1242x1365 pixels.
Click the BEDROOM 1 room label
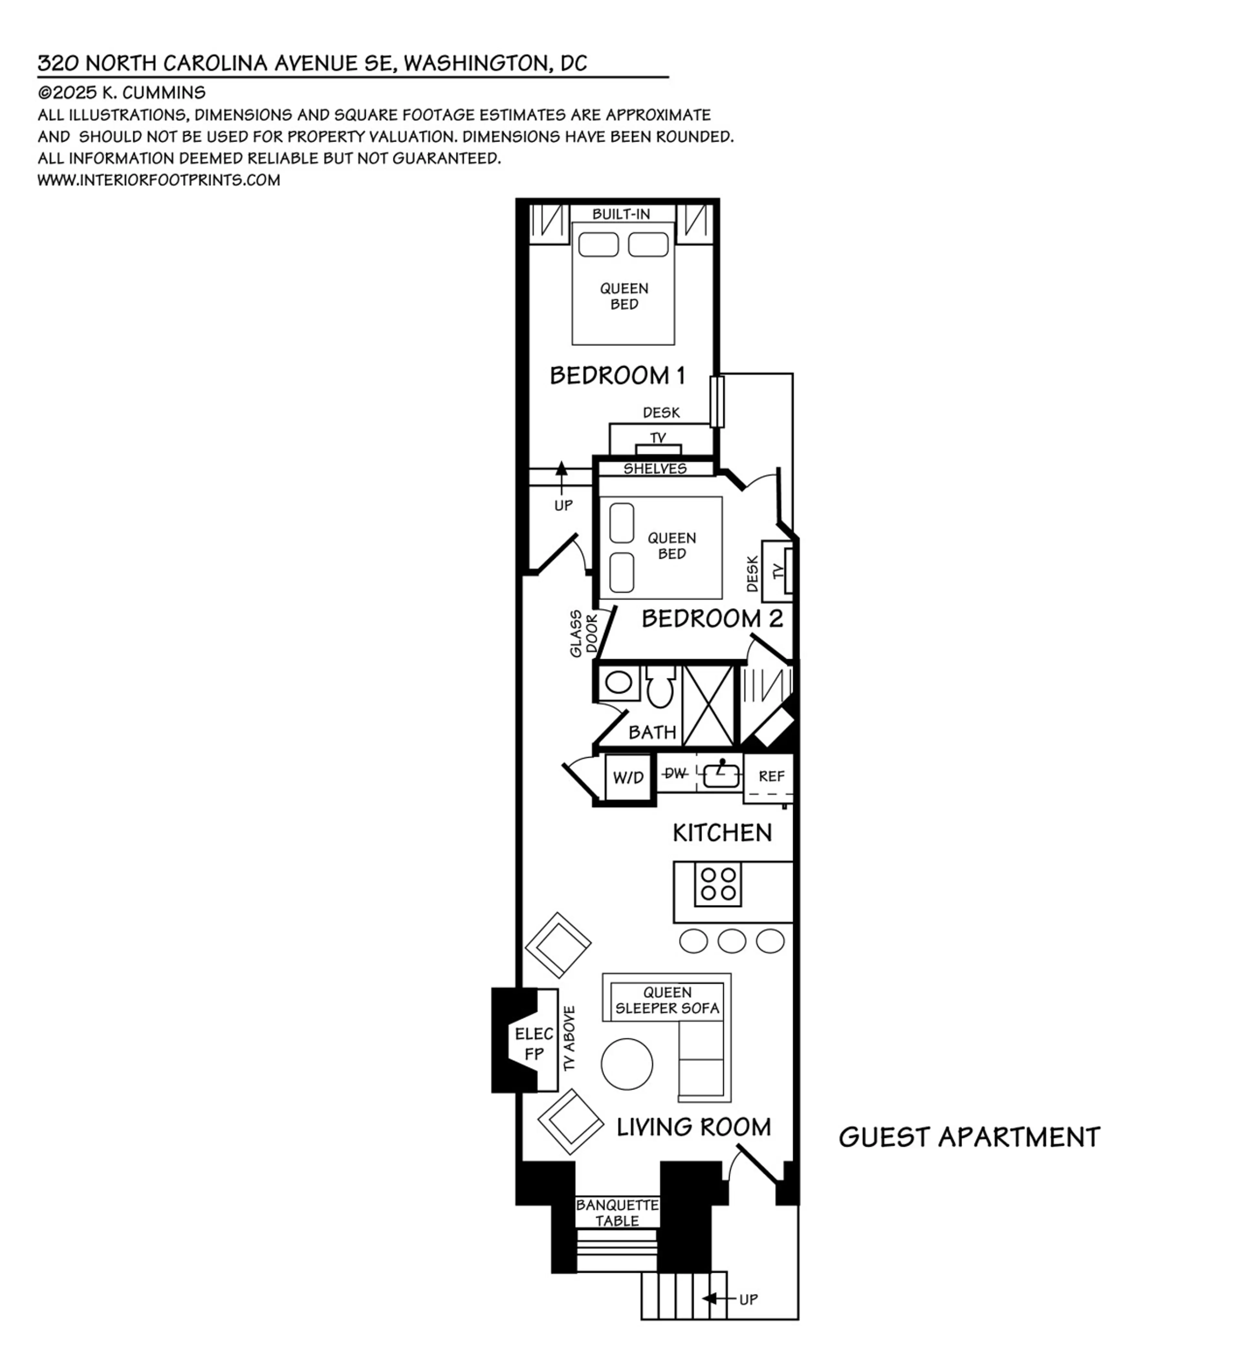617,375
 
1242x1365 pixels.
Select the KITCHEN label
722,832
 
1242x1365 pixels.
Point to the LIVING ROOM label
693,1127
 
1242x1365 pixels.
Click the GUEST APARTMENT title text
969,1137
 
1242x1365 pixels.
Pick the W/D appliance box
628,777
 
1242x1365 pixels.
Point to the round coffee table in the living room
626,1064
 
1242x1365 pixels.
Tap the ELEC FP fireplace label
534,1043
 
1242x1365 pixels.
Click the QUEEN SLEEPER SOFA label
667,1000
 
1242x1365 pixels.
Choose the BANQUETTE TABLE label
617,1213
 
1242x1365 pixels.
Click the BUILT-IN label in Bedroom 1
621,214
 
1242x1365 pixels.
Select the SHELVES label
655,469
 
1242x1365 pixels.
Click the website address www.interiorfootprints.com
158,180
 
